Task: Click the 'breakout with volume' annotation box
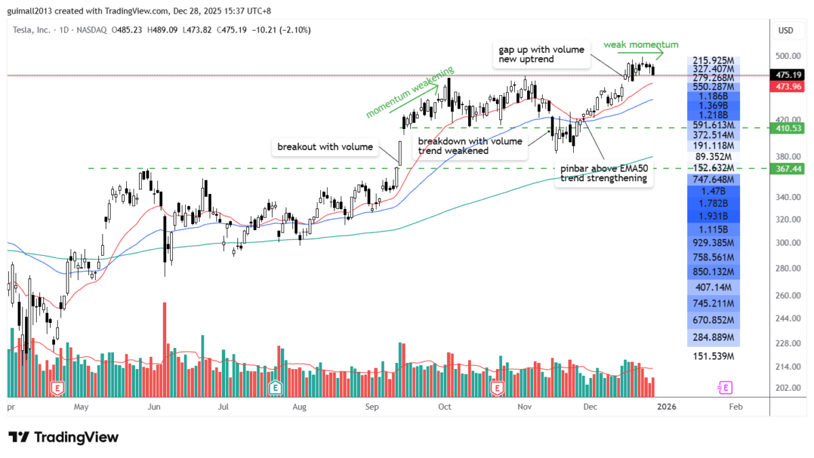324,147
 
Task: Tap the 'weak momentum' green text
632,44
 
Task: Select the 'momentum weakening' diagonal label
409,94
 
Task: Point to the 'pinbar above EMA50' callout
604,174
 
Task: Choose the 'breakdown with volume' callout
470,146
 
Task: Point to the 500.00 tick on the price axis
785,56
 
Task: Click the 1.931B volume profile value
713,215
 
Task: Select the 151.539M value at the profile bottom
713,356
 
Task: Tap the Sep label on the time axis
371,407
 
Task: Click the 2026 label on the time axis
667,407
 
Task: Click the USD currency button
786,31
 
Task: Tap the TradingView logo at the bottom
63,437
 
